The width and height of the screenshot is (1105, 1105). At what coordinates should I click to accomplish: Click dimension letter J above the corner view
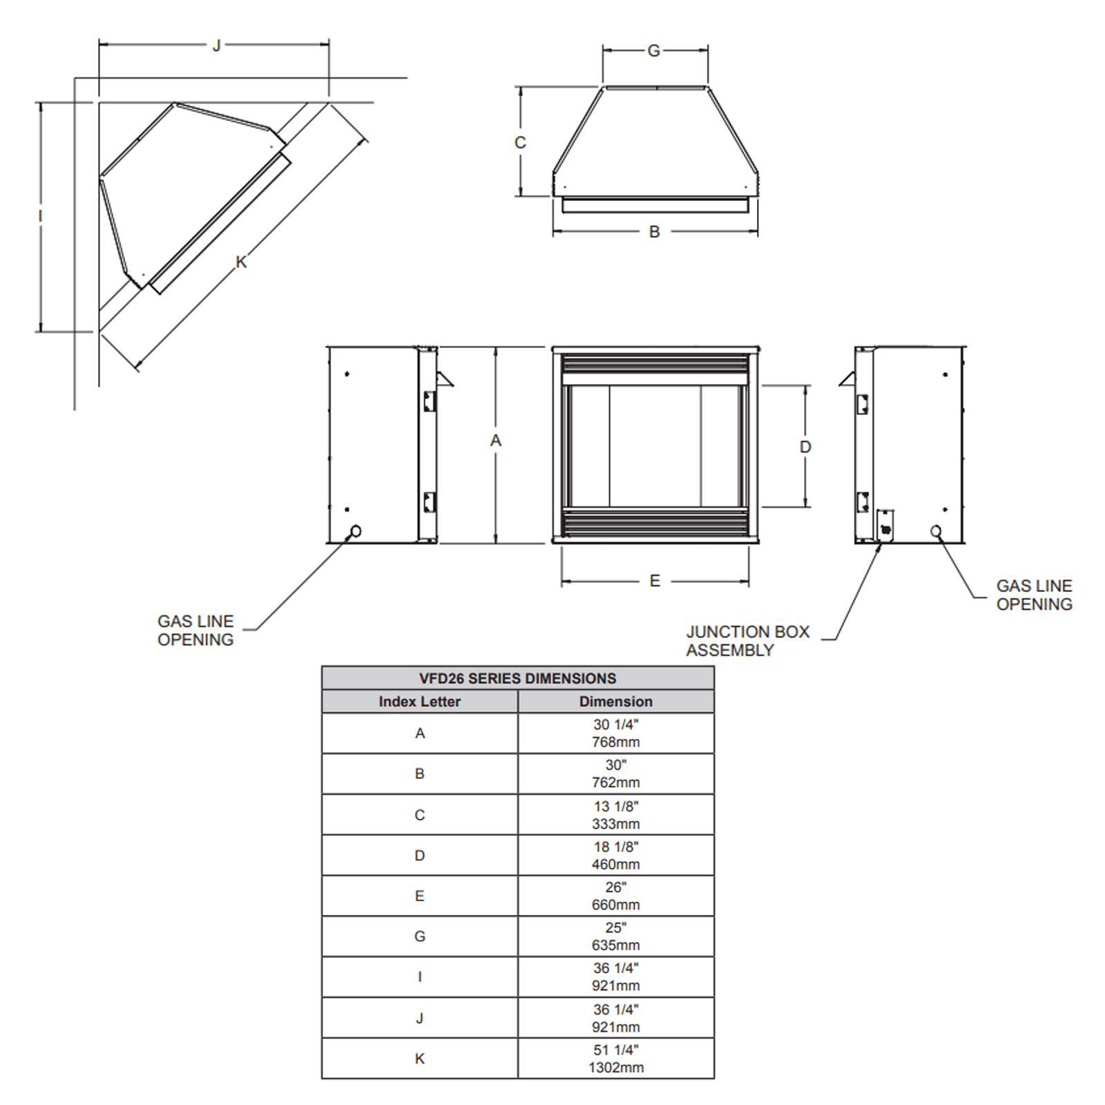tap(217, 46)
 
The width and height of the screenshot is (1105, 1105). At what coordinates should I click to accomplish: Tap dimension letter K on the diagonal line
tap(241, 262)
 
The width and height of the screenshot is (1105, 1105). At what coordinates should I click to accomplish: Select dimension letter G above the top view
tap(653, 50)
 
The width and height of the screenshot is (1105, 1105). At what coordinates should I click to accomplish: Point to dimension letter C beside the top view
tap(520, 142)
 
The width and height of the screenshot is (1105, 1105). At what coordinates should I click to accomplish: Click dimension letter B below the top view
tap(655, 232)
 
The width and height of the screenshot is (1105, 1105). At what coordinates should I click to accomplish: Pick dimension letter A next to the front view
tap(496, 441)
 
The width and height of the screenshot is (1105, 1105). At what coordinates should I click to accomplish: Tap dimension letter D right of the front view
tap(805, 447)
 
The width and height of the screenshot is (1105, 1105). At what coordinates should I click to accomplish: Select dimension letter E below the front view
tap(655, 581)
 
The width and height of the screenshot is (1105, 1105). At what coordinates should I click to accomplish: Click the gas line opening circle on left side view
tap(356, 531)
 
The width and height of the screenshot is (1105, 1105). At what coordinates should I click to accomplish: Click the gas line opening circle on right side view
tap(936, 530)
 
